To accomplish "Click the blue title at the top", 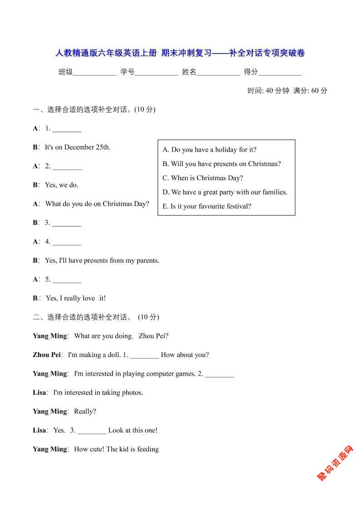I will [180, 53].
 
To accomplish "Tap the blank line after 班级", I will [94, 72].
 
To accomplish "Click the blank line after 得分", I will [280, 72].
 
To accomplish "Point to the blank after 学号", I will [156, 72].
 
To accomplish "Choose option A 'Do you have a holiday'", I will [209, 150].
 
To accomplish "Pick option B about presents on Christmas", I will [222, 164].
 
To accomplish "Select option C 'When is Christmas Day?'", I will [202, 178].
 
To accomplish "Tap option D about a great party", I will [225, 192].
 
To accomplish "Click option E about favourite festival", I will [207, 206].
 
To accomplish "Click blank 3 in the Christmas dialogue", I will [67, 223].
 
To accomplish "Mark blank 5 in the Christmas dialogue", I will [67, 280].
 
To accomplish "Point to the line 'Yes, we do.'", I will [61, 185].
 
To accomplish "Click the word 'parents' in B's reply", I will [147, 260].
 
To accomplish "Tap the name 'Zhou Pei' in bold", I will [47, 355].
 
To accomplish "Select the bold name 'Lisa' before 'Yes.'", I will [39, 430].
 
